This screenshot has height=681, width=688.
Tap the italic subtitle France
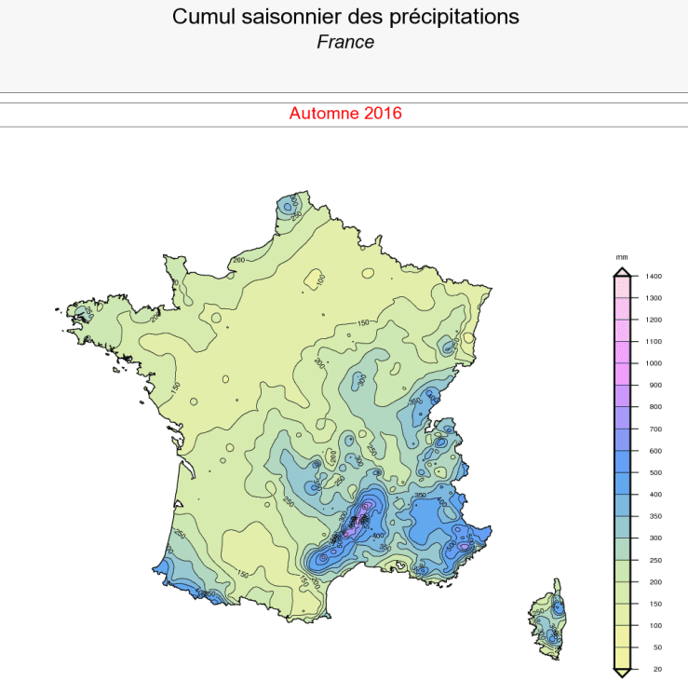[x=345, y=42]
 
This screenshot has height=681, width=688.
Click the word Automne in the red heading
[x=324, y=114]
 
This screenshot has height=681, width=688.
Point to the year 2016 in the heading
[x=383, y=114]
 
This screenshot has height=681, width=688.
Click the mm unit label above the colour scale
[x=622, y=256]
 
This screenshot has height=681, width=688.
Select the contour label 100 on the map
[x=319, y=279]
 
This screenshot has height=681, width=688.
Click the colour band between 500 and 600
[x=622, y=461]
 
